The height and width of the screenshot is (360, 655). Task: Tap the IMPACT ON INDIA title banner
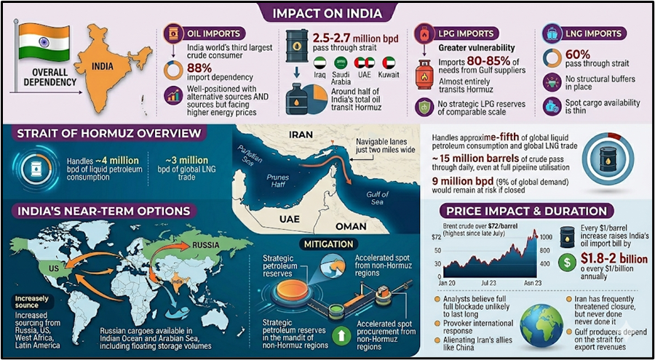(x=327, y=12)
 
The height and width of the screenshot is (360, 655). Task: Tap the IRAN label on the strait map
(x=300, y=135)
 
